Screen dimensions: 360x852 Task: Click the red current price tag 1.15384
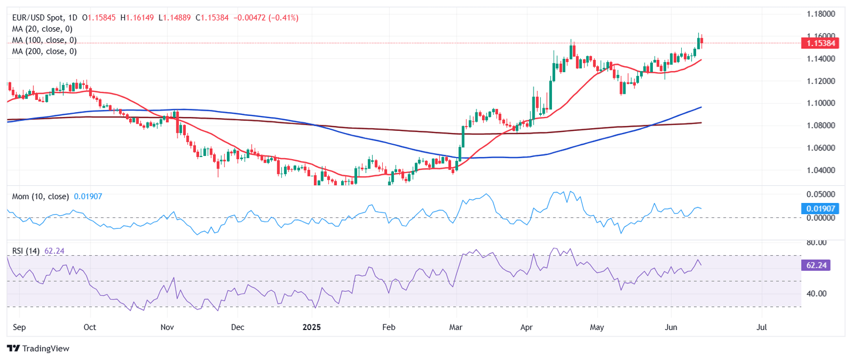point(820,43)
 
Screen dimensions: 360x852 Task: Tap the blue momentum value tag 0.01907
point(820,209)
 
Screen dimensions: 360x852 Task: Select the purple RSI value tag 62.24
point(815,266)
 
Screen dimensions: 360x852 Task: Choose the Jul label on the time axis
point(762,327)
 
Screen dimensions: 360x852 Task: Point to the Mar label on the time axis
point(457,327)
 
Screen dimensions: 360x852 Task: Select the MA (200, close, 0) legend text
point(44,51)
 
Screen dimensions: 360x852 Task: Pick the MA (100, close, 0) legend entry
point(44,40)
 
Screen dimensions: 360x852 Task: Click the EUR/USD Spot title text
point(39,18)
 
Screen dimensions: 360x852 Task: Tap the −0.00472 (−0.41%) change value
point(268,18)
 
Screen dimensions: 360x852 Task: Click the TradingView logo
point(38,348)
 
